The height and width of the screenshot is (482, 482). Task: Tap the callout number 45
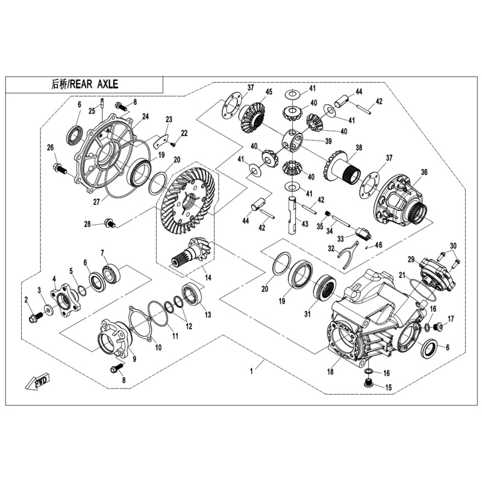click(x=268, y=92)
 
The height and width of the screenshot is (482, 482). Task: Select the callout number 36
click(x=424, y=172)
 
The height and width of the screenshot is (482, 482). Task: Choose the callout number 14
click(x=208, y=278)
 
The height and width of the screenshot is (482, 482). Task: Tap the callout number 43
click(x=305, y=224)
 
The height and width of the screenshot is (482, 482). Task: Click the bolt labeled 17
click(x=438, y=327)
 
